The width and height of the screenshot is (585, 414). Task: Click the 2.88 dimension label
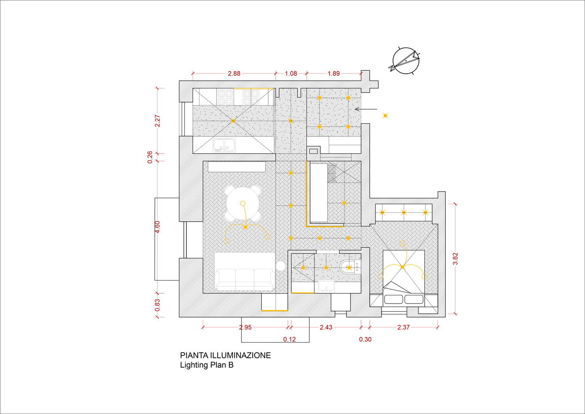point(234,73)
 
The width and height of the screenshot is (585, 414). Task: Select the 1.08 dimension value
point(291,73)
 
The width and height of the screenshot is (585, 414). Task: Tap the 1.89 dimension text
point(334,73)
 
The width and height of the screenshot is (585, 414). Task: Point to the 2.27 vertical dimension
point(157,121)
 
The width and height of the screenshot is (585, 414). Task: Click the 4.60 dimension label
point(157,227)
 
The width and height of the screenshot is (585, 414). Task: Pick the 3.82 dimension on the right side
point(455,259)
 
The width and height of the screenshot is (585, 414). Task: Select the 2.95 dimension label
point(245,327)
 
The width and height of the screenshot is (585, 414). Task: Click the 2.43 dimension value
point(326,327)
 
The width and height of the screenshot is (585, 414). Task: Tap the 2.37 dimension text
point(404,327)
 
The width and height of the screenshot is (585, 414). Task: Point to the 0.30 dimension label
point(365,339)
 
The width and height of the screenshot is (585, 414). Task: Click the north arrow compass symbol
point(405,61)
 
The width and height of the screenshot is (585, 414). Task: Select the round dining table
point(243,203)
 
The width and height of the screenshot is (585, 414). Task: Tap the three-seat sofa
point(245,280)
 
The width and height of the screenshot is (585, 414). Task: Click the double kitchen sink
point(224,145)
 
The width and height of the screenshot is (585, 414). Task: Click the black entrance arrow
point(366,109)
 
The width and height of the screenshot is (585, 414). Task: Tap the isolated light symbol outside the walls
point(385,115)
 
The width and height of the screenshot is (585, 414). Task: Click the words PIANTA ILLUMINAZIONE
point(225,355)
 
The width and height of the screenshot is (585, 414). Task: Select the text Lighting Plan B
point(207,365)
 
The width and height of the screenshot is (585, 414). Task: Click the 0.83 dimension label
point(157,305)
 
